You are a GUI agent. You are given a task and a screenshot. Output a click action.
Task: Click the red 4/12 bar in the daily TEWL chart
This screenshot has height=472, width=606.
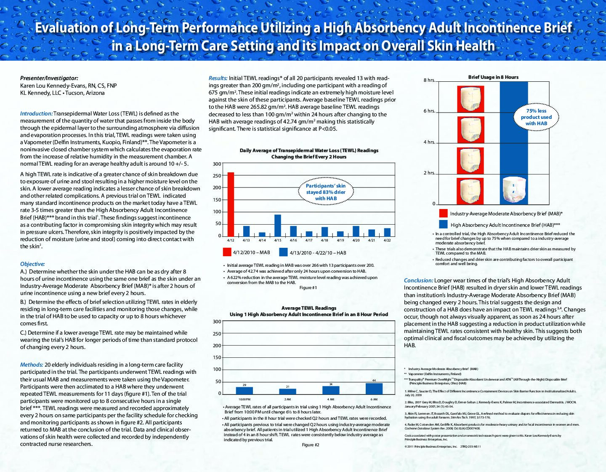[231, 204]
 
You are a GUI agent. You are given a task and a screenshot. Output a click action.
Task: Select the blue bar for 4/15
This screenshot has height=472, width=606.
[278, 225]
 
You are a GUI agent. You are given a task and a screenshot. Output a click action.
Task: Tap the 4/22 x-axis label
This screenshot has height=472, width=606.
[387, 241]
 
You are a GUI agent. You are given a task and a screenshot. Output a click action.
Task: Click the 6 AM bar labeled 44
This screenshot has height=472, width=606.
[374, 389]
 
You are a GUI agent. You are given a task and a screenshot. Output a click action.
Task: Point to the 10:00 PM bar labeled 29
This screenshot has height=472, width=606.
[245, 390]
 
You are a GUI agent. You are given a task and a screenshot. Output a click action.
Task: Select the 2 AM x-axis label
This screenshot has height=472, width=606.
[287, 400]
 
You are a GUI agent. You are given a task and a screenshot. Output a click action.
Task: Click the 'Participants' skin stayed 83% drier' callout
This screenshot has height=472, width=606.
[326, 192]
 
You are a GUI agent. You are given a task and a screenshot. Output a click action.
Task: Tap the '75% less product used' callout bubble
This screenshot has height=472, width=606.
[536, 117]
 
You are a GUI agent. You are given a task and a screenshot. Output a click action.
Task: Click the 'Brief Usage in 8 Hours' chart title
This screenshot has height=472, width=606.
[493, 77]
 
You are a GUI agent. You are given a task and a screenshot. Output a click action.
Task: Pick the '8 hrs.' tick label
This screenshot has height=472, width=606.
[429, 80]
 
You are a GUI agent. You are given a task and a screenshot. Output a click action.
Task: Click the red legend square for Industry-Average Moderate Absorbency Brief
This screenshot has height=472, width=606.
[443, 213]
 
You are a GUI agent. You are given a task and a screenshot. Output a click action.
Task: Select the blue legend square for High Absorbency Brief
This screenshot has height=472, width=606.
[443, 224]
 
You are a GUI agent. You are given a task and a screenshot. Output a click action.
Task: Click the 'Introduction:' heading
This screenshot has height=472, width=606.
[36, 114]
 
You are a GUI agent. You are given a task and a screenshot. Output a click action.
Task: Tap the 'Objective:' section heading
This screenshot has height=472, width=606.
[32, 264]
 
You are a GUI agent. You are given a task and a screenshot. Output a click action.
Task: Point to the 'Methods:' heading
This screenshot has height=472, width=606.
[32, 365]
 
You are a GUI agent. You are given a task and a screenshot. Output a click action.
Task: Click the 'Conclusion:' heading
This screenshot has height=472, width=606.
[418, 281]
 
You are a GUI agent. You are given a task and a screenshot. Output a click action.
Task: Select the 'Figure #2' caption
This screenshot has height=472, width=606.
[311, 445]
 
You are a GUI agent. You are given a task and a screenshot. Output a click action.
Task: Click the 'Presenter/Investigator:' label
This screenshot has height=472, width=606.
[49, 78]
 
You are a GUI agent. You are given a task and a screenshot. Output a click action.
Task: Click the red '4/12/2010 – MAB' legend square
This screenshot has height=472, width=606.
[227, 252]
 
